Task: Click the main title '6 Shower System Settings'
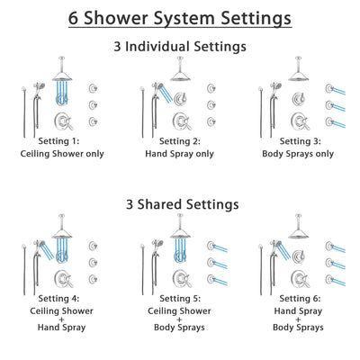point(180,18)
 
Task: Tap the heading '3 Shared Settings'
point(180,204)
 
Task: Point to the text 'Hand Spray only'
point(179,154)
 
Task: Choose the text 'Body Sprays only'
point(296,154)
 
